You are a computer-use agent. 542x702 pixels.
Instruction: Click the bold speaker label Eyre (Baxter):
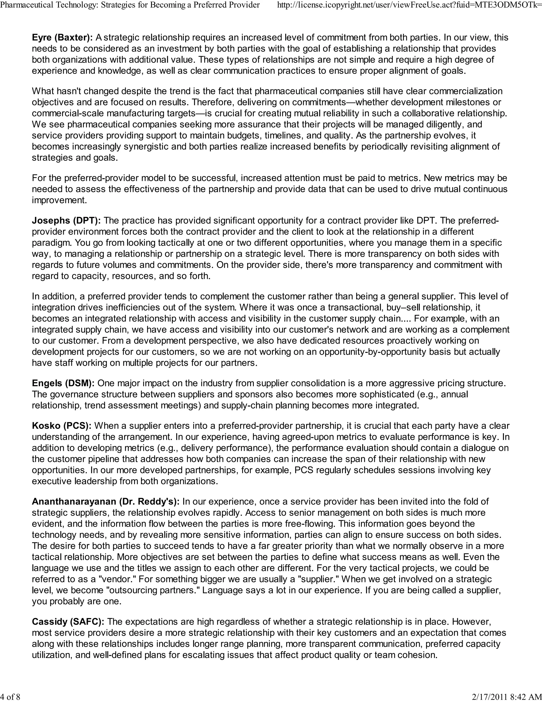[62, 38]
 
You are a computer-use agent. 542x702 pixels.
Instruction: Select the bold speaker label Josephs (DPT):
[66, 220]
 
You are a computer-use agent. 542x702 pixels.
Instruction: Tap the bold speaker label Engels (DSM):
[63, 383]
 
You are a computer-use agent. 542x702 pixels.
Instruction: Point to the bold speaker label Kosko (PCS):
[62, 426]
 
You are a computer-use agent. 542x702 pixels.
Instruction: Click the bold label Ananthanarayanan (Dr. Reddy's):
[106, 501]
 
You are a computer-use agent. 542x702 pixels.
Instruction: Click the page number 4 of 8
[10, 696]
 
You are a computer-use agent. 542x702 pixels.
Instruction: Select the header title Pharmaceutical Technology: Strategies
[130, 5]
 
